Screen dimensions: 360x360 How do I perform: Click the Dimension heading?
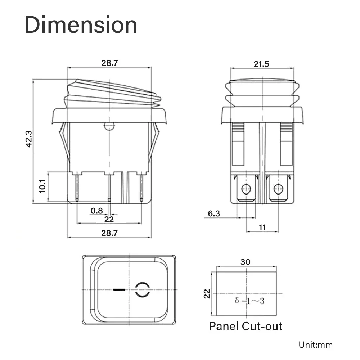pyautogui.click(x=81, y=25)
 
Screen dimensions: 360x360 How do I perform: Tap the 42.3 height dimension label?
pyautogui.click(x=29, y=139)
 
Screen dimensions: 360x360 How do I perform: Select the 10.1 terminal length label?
pyautogui.click(x=42, y=186)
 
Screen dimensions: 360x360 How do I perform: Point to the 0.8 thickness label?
pyautogui.click(x=96, y=211)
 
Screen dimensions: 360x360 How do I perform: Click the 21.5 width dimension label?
pyautogui.click(x=261, y=64)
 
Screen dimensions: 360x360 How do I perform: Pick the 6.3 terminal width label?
pyautogui.click(x=214, y=214)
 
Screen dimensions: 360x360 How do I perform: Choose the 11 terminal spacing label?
pyautogui.click(x=262, y=228)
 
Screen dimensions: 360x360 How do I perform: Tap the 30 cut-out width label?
pyautogui.click(x=246, y=262)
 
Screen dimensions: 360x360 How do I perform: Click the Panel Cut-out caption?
pyautogui.click(x=246, y=326)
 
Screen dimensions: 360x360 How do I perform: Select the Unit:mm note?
pyautogui.click(x=315, y=345)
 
